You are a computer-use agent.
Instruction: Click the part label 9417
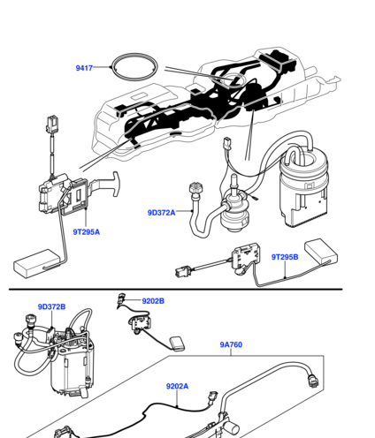(84, 68)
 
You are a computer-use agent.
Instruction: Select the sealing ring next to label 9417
(134, 55)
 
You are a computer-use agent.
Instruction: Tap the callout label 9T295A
(87, 232)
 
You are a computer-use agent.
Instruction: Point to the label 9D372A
(161, 213)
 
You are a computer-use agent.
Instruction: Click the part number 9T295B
(285, 257)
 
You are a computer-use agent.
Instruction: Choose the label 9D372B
(51, 306)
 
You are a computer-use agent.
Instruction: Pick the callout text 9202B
(153, 301)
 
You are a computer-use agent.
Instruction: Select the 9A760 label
(231, 344)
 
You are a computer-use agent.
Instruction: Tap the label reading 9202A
(177, 386)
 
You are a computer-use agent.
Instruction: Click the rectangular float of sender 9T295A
(36, 263)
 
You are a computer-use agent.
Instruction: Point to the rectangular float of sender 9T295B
(321, 251)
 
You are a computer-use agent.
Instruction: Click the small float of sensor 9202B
(177, 344)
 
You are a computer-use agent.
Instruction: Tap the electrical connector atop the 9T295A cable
(52, 124)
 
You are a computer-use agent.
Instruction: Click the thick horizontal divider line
(176, 290)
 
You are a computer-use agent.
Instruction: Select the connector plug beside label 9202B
(121, 299)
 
